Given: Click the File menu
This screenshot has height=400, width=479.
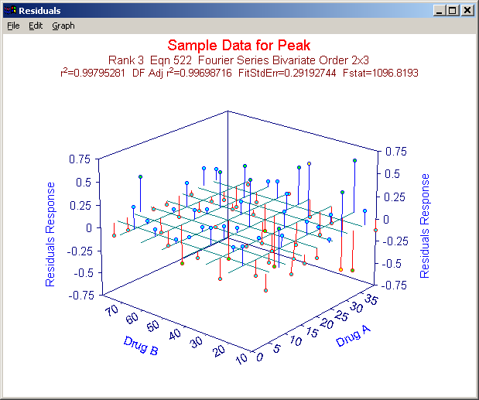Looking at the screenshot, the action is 13,26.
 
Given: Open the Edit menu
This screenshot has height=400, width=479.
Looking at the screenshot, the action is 36,26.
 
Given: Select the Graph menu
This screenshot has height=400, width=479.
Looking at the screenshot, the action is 63,26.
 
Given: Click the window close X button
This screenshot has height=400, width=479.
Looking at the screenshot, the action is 467,10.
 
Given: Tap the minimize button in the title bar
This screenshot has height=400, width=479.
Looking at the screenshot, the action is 440,10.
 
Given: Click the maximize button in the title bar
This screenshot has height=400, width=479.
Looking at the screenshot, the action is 453,10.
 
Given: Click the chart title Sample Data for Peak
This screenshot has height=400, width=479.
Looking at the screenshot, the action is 239,45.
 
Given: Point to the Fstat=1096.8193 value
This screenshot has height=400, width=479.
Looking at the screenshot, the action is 381,73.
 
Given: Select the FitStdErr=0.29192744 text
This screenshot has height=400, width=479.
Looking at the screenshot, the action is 287,73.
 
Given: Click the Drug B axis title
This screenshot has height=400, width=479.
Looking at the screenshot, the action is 141,346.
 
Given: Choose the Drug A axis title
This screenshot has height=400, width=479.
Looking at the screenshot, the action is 353,336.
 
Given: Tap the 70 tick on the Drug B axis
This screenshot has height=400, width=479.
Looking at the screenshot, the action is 111,310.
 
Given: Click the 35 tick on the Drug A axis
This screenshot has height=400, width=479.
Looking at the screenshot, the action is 371,299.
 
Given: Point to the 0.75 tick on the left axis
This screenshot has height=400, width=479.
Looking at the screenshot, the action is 80,159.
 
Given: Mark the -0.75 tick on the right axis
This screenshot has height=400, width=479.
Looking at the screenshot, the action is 395,285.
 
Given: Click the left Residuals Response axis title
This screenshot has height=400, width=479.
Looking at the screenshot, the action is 50,234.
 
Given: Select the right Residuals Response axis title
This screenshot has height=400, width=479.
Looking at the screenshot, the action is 425,226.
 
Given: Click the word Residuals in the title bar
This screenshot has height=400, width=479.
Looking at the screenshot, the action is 39,11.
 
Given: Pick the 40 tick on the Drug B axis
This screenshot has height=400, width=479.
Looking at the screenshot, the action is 174,334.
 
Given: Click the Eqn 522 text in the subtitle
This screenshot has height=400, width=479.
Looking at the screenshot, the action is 171,60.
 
